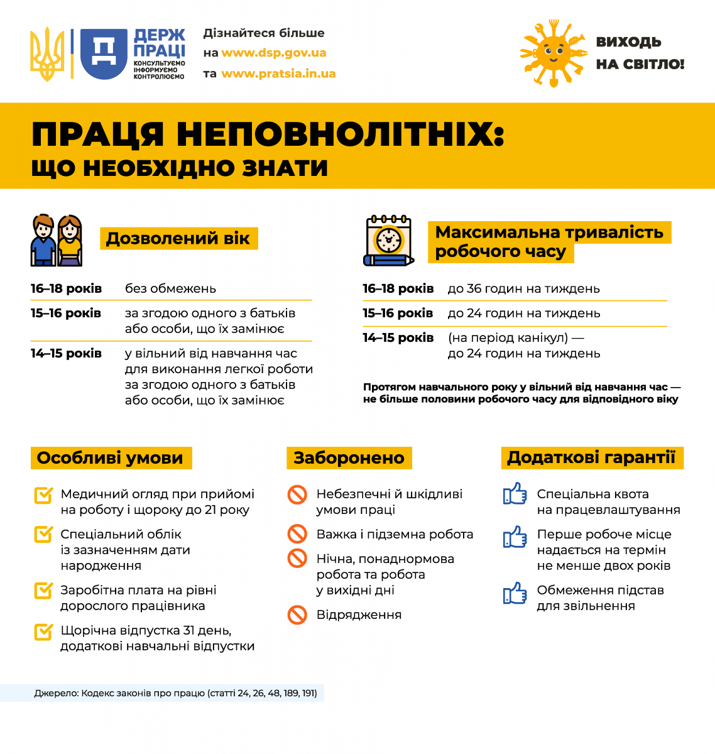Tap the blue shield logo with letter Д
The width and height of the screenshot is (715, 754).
[x=104, y=54]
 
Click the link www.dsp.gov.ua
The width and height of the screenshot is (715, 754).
[x=274, y=53]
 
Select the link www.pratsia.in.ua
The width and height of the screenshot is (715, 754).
[x=278, y=74]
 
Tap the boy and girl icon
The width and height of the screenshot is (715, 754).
[x=57, y=241]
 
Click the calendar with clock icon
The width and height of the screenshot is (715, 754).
[x=388, y=241]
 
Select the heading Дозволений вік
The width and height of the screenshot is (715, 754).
[x=178, y=239]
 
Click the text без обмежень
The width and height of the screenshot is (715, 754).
[x=170, y=288]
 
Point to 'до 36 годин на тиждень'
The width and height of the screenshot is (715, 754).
[x=523, y=288]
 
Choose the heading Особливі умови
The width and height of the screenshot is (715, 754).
[x=111, y=458]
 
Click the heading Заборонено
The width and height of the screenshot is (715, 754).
[x=349, y=458]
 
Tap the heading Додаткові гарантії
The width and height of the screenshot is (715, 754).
[x=591, y=457]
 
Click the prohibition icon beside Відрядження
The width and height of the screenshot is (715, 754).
[x=297, y=615]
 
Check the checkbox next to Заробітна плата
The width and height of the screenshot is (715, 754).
[x=43, y=591]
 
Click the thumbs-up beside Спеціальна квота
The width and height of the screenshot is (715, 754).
[x=515, y=494]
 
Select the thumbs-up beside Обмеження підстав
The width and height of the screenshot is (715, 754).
[x=515, y=593]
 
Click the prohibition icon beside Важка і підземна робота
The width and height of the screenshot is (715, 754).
[x=297, y=534]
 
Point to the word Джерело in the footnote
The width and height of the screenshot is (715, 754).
[x=57, y=693]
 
